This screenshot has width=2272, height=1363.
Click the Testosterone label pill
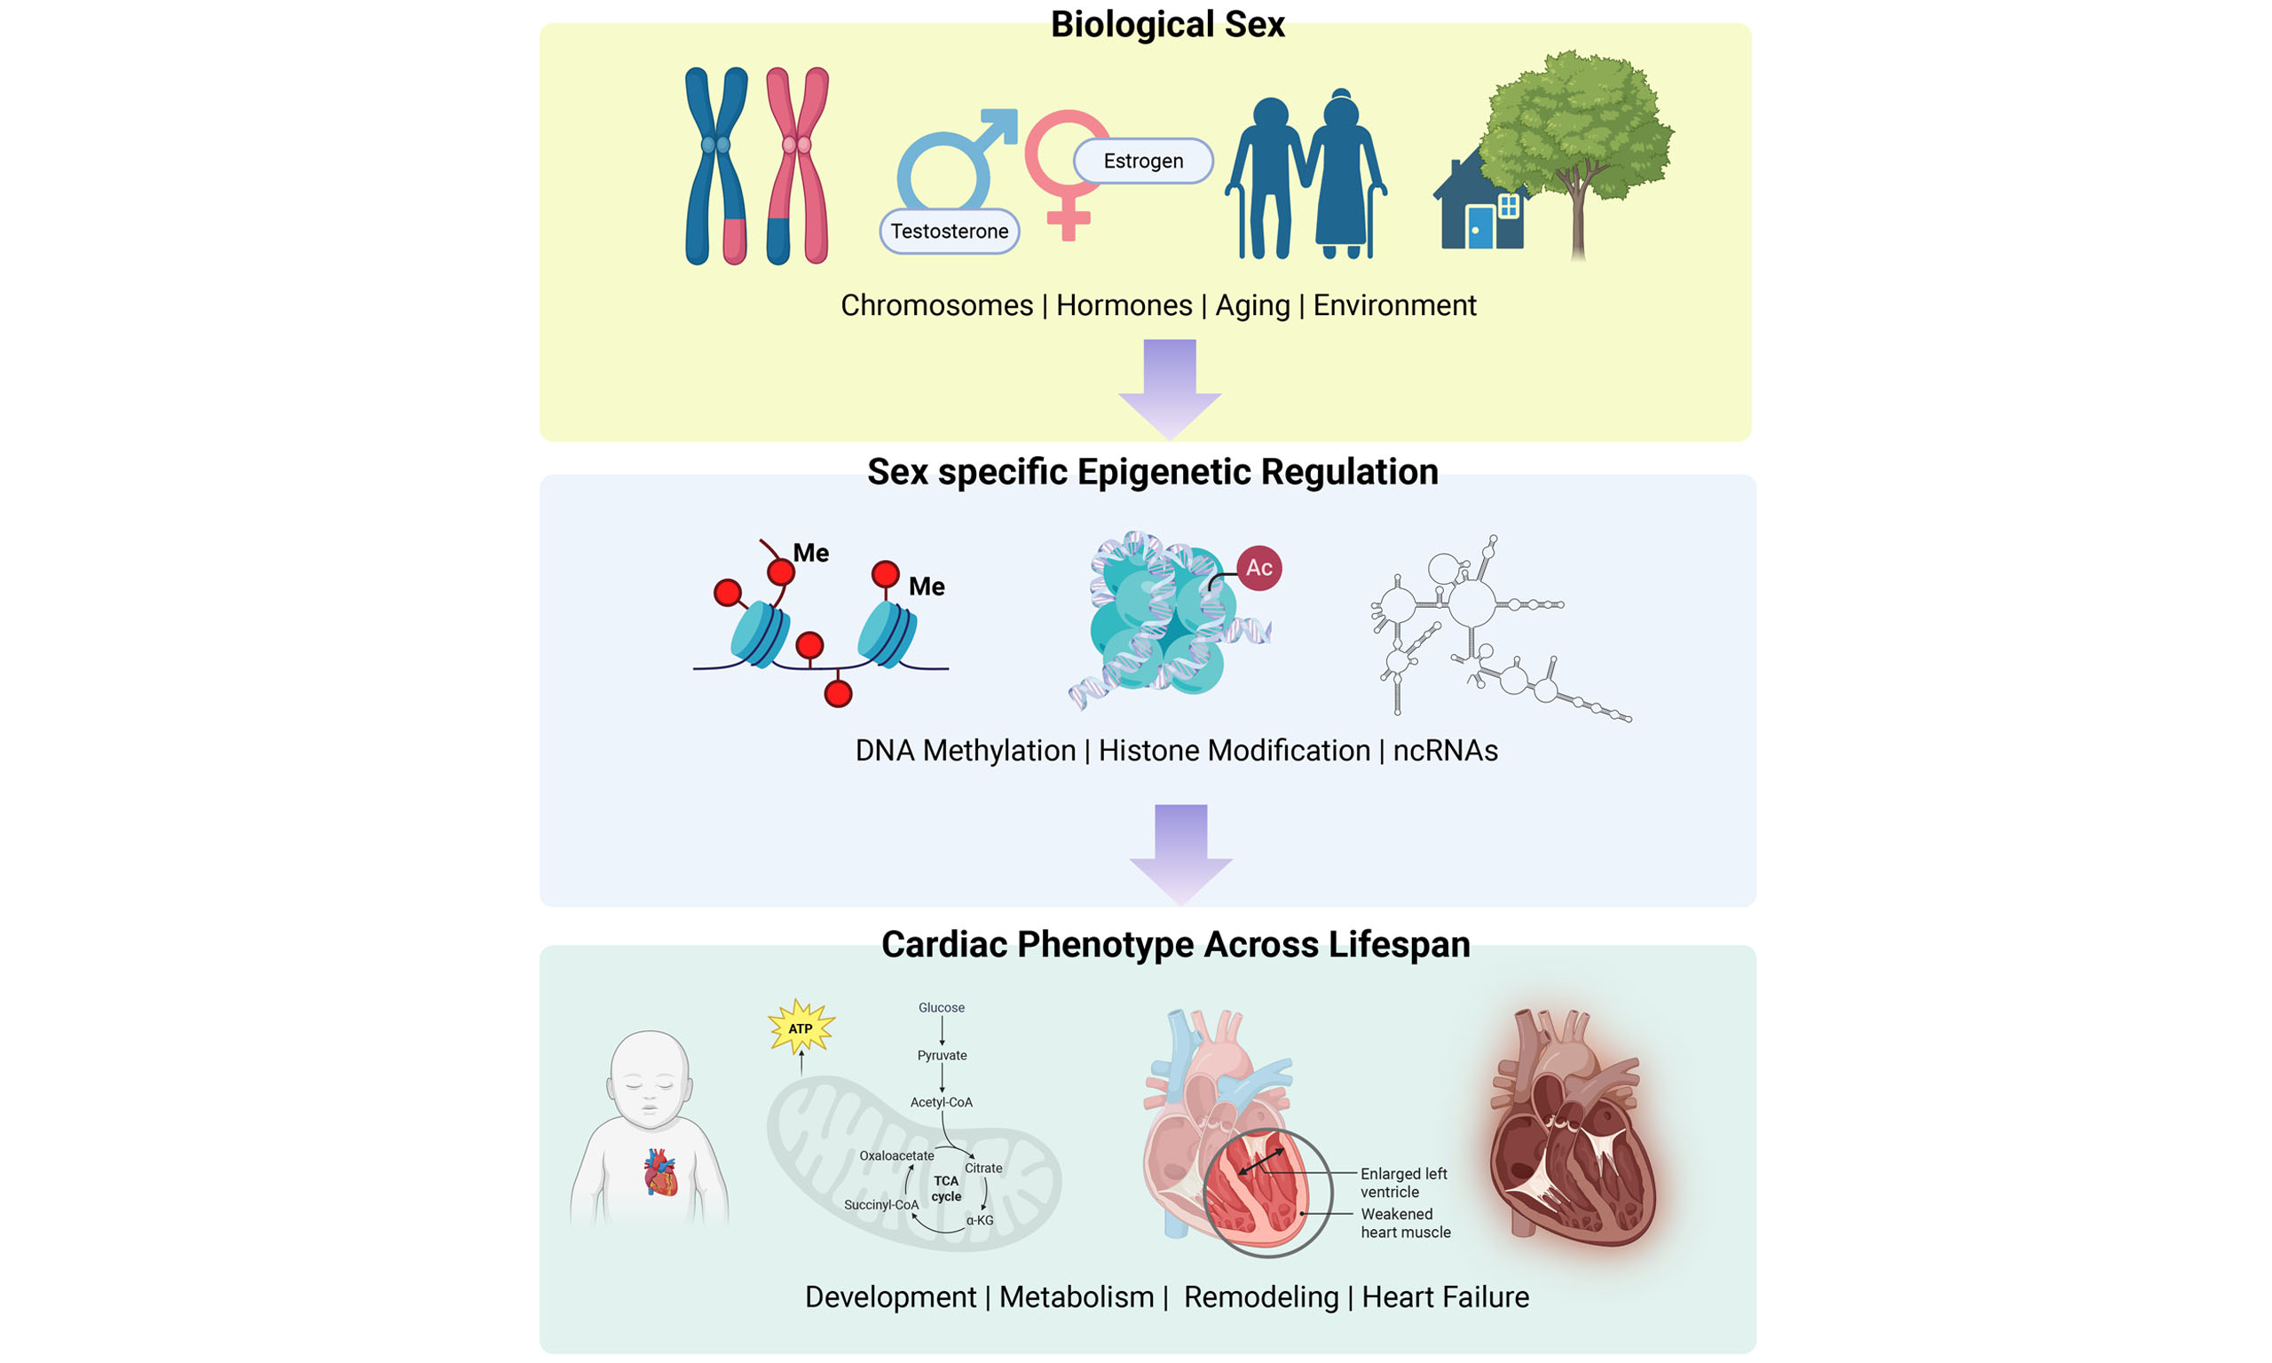(x=949, y=232)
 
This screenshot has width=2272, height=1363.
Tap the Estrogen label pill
(x=1142, y=161)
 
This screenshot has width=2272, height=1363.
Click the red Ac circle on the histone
(x=1258, y=568)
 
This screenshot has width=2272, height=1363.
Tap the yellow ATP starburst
(x=801, y=1028)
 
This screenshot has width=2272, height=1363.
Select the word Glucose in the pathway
(x=942, y=1007)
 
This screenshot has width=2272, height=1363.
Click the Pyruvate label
(x=942, y=1055)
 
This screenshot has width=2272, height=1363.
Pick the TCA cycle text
(x=946, y=1188)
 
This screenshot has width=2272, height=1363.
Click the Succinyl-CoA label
(x=880, y=1205)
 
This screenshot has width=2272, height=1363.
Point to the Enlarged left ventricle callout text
(x=1402, y=1182)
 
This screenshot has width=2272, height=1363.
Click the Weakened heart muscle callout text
(x=1405, y=1223)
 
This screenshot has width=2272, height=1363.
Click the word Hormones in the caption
(x=1124, y=305)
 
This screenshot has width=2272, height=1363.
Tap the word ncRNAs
(x=1445, y=751)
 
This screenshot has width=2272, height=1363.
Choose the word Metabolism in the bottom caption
(x=1076, y=1296)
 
